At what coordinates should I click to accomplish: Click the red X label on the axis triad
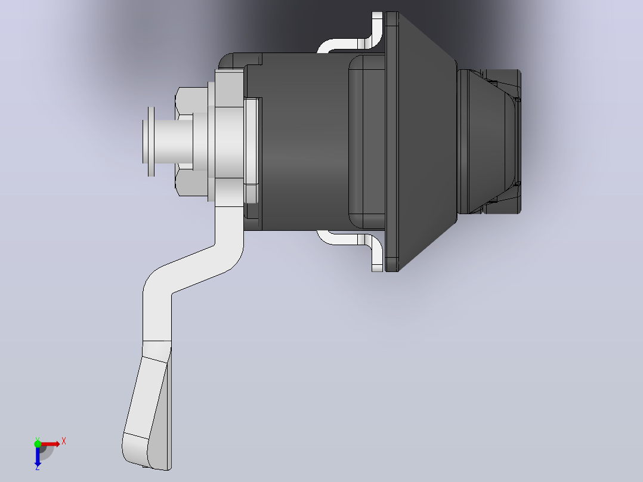click(x=64, y=441)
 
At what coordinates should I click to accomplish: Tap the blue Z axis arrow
click(x=38, y=456)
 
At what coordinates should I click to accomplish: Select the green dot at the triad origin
click(x=38, y=444)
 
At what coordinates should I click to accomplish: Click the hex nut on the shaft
click(x=192, y=141)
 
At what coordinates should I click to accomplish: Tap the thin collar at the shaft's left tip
click(x=151, y=141)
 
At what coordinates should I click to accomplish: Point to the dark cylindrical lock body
click(x=304, y=141)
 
